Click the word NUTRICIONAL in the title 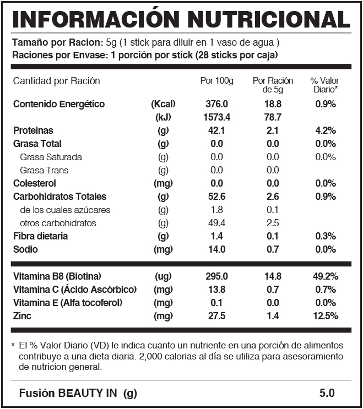[269, 20]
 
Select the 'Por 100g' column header [216, 81]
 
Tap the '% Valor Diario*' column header [324, 85]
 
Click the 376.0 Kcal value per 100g [216, 104]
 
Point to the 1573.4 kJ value [216, 117]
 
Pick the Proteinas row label [33, 130]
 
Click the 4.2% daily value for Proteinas [326, 130]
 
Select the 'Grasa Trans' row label [44, 170]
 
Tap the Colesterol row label [35, 183]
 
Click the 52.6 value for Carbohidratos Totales [216, 197]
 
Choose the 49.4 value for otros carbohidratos [216, 223]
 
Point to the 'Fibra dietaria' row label [40, 236]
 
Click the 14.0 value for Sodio [216, 249]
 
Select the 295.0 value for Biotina [216, 276]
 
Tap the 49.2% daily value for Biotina [326, 276]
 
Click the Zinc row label [22, 316]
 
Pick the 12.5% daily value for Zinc [326, 316]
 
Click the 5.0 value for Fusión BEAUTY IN [327, 393]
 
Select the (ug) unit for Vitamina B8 [163, 276]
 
